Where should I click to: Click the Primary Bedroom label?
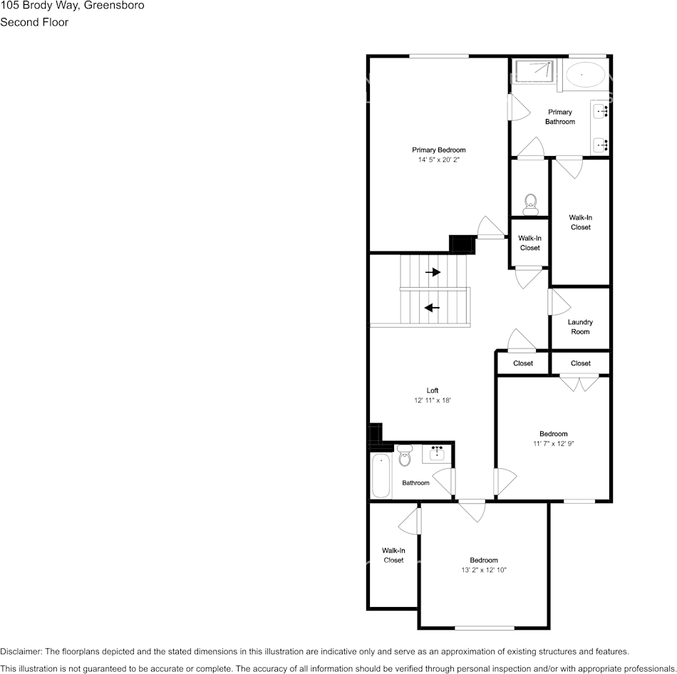click(438, 150)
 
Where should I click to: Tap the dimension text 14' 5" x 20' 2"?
click(438, 160)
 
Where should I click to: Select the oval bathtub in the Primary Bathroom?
click(586, 74)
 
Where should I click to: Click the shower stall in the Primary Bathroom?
click(534, 71)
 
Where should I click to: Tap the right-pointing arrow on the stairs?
click(433, 272)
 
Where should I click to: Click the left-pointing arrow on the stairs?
click(432, 308)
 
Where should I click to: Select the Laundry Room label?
click(580, 327)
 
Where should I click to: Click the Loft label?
click(433, 390)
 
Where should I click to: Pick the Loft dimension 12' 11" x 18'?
click(433, 400)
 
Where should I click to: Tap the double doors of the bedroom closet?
click(579, 383)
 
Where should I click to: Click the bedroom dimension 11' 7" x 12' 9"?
click(553, 443)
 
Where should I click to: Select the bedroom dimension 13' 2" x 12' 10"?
click(483, 570)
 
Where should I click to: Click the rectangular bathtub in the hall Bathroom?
click(381, 476)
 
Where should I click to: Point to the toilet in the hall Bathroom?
click(405, 456)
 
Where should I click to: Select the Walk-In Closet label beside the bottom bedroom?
click(393, 555)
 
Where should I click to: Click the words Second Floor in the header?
click(34, 22)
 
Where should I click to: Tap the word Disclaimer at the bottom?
click(21, 651)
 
